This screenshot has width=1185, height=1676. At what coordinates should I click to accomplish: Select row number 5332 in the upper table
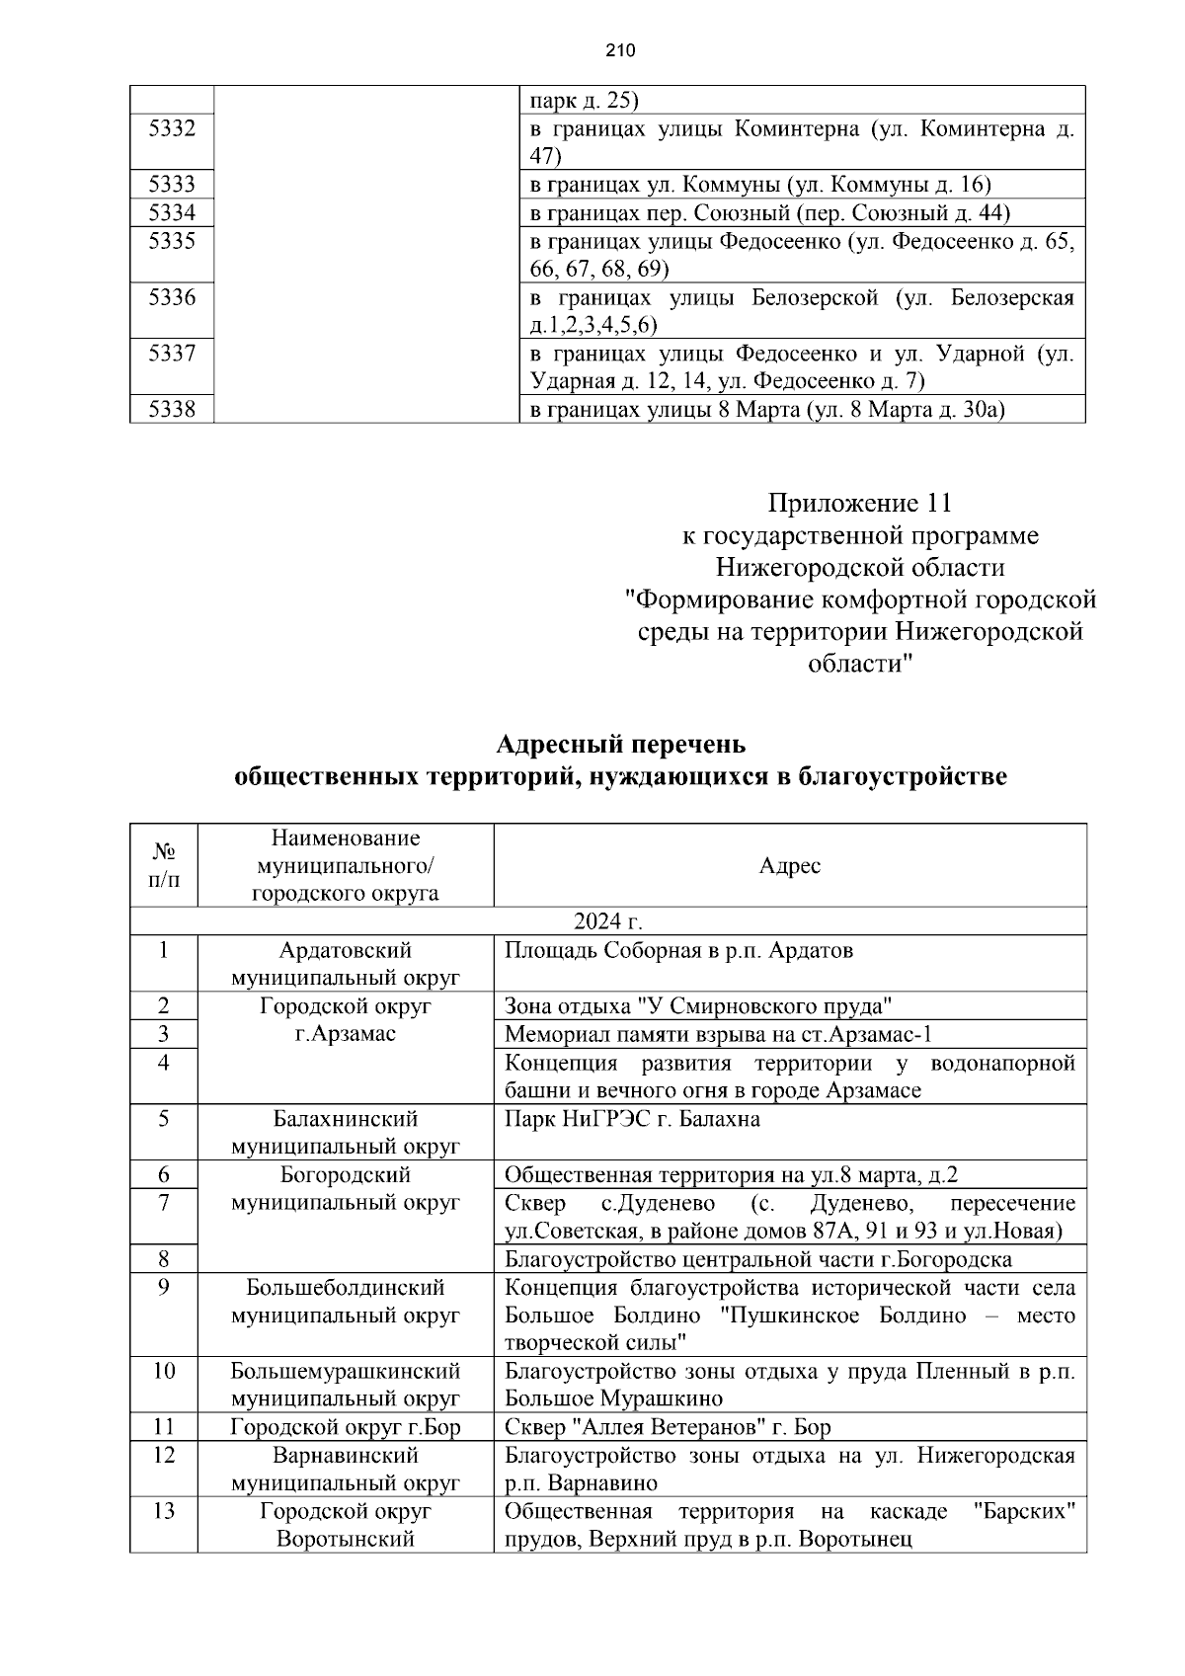(x=172, y=128)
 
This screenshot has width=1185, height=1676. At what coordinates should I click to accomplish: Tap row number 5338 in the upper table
(x=172, y=409)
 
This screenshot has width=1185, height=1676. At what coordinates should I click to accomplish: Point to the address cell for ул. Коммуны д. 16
(x=760, y=185)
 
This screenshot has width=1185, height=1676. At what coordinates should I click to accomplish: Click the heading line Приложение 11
(x=859, y=504)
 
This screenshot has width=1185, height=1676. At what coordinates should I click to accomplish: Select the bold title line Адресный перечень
(x=620, y=743)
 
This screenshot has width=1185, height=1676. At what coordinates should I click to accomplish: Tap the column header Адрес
(x=789, y=866)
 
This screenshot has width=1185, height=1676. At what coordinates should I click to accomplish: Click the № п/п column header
(x=164, y=865)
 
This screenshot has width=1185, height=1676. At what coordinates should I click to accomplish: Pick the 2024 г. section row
(x=608, y=921)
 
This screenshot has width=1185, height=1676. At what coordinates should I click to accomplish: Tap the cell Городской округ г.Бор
(x=345, y=1427)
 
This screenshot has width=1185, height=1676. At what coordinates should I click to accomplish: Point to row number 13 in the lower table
(x=164, y=1511)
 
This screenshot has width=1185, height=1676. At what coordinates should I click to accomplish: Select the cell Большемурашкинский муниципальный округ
(x=345, y=1385)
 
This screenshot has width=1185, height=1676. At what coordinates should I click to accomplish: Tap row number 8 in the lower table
(x=164, y=1259)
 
